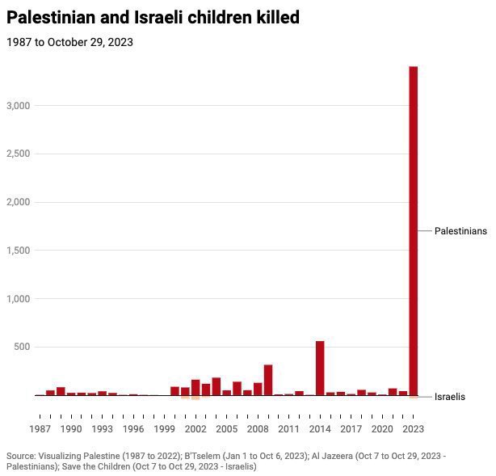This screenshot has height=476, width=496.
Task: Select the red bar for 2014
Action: pos(320,368)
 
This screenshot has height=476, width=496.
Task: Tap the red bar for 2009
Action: pos(268,380)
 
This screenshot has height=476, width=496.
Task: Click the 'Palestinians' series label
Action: pos(460,231)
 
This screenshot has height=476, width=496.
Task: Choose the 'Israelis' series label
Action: pos(450,397)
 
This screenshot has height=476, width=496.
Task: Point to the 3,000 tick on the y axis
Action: pos(18,106)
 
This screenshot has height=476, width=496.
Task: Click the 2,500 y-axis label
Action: pos(18,154)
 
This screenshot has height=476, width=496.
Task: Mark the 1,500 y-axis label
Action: pos(18,251)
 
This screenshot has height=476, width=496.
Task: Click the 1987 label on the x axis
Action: pos(40,429)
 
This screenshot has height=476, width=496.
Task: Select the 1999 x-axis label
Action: pos(165,429)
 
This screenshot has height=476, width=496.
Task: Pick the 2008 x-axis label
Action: pos(258,429)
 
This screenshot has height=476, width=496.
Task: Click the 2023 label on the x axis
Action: pos(413,429)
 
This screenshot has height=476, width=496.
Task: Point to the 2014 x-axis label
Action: pos(320,429)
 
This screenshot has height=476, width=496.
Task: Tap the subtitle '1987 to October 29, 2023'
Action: pos(70,42)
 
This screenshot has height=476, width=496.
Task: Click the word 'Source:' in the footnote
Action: pos(23,456)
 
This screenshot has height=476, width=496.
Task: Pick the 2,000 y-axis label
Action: pos(18,202)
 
